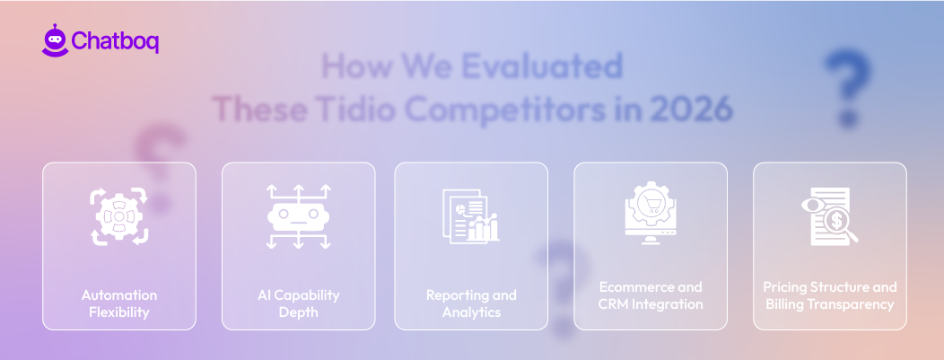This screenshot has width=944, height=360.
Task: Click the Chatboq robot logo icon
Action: click(54, 40)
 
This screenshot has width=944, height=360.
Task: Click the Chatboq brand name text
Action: click(114, 41)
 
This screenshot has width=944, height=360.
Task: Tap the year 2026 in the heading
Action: click(691, 110)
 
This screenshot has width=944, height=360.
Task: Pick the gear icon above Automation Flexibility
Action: click(118, 216)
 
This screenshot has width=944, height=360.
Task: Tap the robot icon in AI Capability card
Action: click(298, 215)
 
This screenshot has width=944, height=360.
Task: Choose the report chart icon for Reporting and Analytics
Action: click(470, 215)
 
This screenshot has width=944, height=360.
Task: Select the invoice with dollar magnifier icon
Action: click(829, 215)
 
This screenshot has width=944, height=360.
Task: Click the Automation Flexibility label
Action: click(118, 303)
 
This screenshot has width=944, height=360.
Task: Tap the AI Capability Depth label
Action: click(298, 303)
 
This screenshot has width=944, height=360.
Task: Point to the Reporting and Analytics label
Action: click(471, 303)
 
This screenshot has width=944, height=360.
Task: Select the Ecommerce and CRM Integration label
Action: click(651, 295)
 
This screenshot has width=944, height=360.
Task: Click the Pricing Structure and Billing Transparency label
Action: click(830, 295)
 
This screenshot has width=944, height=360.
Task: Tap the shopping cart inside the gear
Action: click(651, 202)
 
